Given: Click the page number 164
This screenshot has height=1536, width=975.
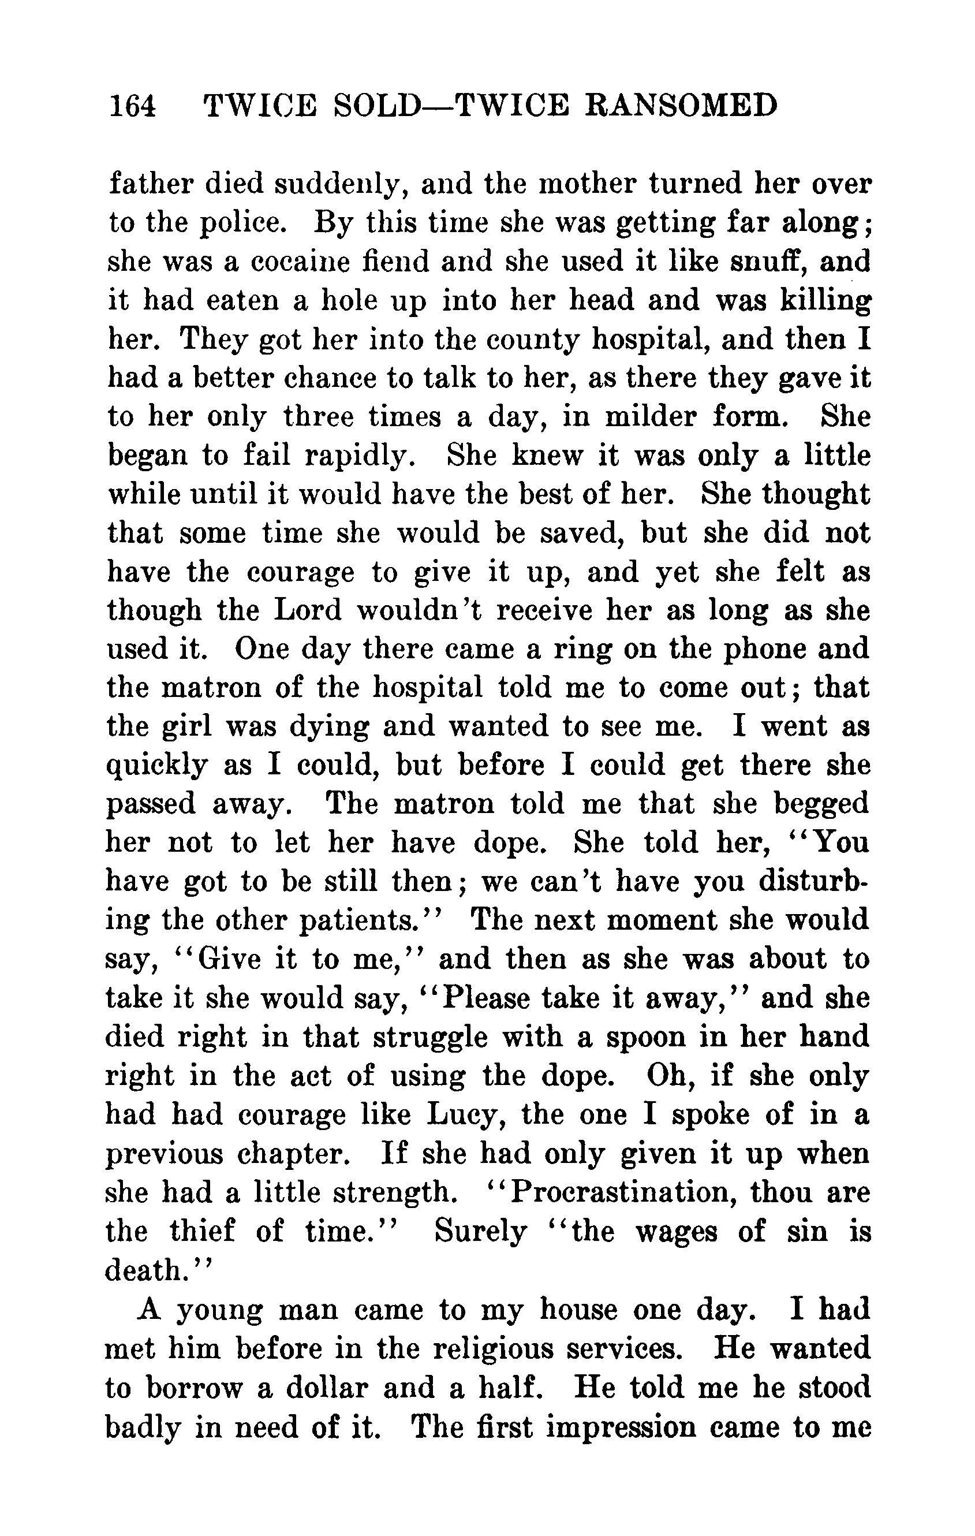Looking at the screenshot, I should pos(133,105).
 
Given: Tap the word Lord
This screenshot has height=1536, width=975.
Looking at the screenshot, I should pos(307,611).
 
